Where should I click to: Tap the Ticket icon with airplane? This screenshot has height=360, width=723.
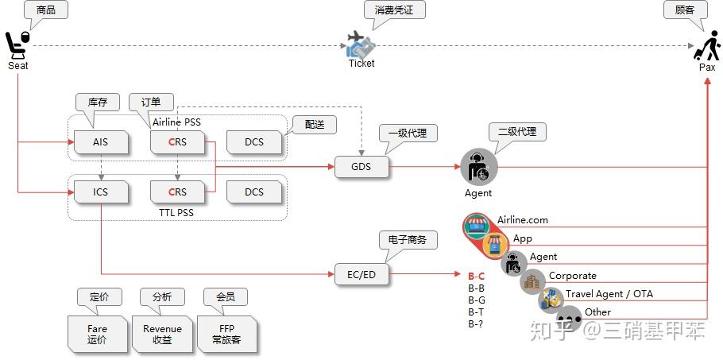(x=361, y=45)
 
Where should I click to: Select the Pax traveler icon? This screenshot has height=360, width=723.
(x=706, y=45)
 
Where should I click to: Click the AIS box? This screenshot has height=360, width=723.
(x=100, y=143)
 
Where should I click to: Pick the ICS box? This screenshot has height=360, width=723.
(x=100, y=192)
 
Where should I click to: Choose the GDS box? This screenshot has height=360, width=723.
(x=361, y=167)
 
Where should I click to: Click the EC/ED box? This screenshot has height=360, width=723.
(x=361, y=274)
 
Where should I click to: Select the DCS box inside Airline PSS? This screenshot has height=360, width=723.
(x=253, y=143)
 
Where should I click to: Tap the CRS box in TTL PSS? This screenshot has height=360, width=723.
(x=177, y=192)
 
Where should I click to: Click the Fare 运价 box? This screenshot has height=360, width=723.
(x=97, y=334)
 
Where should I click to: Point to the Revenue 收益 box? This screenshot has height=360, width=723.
(x=162, y=334)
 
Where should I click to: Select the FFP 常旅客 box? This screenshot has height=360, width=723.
(x=226, y=334)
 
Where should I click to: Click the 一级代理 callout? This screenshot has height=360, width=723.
(x=408, y=133)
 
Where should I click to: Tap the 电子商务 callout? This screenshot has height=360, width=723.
(x=408, y=238)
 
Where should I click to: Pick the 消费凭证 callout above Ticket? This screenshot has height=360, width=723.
(x=394, y=10)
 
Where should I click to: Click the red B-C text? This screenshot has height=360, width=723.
(x=477, y=276)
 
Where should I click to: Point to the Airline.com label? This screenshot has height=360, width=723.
(x=523, y=220)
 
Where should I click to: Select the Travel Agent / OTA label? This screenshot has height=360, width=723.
(x=609, y=294)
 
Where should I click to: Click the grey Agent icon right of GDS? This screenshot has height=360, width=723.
(x=478, y=168)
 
